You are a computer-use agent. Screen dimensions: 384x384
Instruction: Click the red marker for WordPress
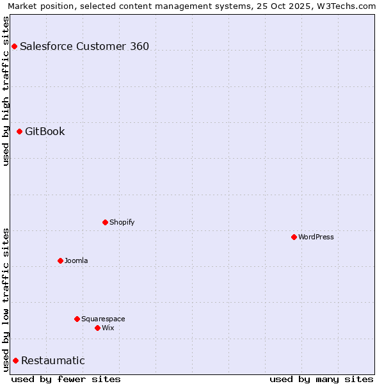(x=294, y=237)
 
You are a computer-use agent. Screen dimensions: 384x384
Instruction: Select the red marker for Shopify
(x=105, y=222)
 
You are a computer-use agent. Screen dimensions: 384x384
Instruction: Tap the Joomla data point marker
(x=60, y=260)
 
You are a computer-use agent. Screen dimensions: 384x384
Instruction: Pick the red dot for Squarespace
(x=77, y=319)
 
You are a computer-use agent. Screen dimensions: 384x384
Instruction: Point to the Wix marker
(x=97, y=328)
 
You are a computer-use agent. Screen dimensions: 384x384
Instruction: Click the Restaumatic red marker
(x=15, y=360)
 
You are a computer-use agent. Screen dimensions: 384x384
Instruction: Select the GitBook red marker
(x=19, y=131)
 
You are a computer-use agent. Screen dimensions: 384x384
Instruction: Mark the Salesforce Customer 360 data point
(x=14, y=46)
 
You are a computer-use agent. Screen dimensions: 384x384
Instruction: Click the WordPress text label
(x=316, y=237)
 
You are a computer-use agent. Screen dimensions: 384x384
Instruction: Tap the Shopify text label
(x=122, y=222)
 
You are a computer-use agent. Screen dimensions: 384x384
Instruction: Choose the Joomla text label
(x=76, y=260)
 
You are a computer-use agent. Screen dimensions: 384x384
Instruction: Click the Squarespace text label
(x=103, y=319)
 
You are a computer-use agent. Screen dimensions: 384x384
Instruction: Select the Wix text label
(x=108, y=328)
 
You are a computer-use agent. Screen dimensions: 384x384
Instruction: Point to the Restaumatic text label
(x=53, y=360)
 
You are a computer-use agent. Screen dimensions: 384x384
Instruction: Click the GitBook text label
(x=45, y=131)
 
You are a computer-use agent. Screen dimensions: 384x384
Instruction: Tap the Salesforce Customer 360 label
(x=84, y=46)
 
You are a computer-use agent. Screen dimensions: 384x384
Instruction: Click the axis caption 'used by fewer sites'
(x=66, y=379)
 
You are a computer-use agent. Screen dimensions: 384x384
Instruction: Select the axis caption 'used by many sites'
(x=321, y=379)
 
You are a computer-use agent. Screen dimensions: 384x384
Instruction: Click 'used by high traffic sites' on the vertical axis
(x=6, y=91)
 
